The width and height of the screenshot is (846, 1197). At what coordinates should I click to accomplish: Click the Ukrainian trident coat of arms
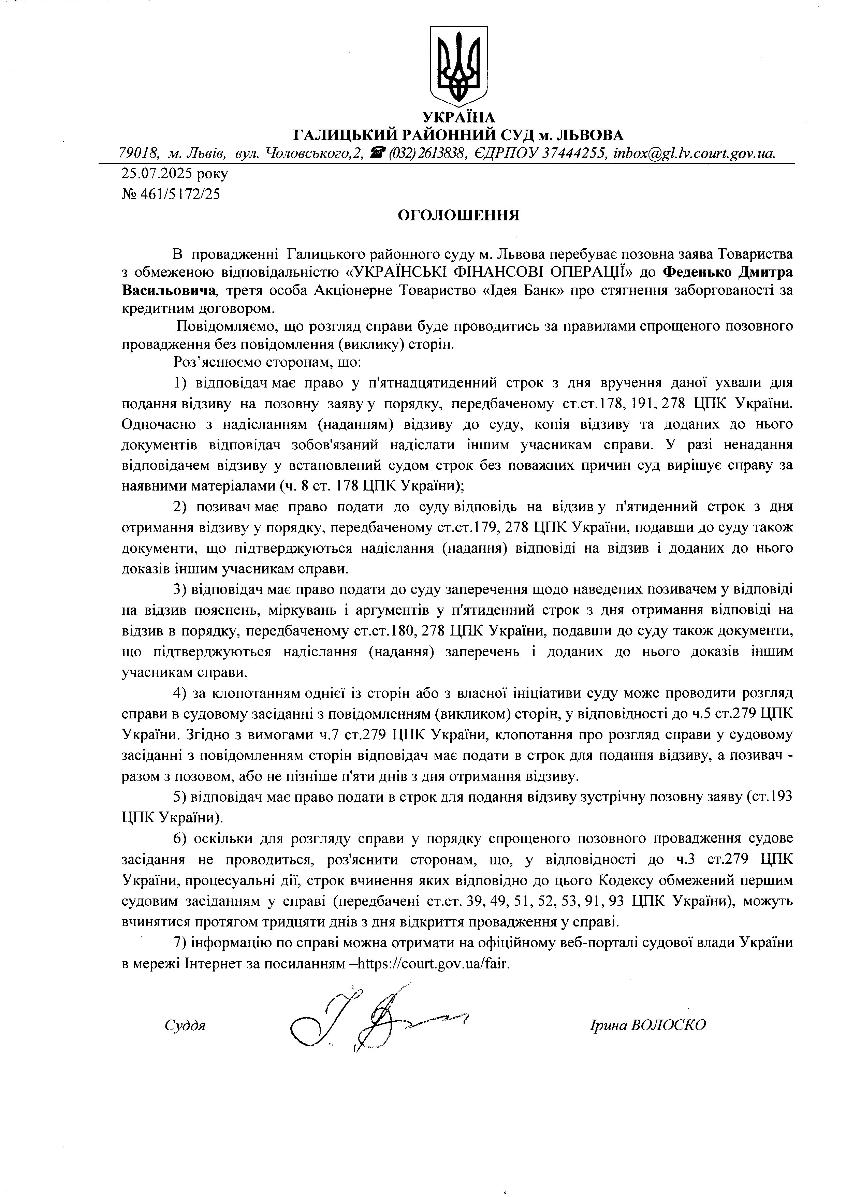coord(458,65)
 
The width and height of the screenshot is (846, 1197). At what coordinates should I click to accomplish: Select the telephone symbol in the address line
coord(377,152)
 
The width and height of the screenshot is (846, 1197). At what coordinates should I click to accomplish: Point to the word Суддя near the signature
coord(185,1025)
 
